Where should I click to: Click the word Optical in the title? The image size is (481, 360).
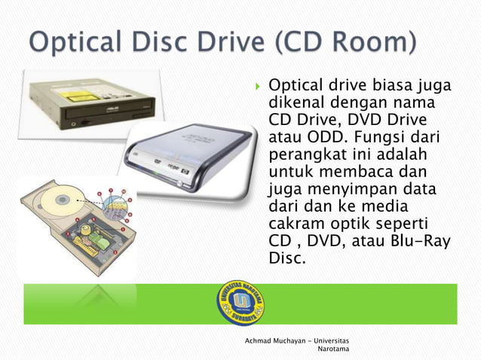(74, 42)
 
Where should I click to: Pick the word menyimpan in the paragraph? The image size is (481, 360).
(357, 190)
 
